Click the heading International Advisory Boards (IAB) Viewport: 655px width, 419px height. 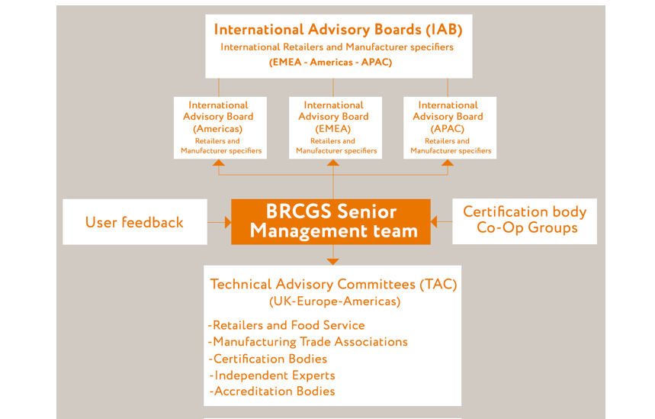[338, 30]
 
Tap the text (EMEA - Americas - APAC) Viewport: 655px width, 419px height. [330, 63]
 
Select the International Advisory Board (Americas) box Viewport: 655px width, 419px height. [220, 127]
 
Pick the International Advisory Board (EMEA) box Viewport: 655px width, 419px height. [336, 127]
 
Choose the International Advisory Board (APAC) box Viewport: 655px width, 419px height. [450, 127]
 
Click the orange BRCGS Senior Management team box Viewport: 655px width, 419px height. [331, 221]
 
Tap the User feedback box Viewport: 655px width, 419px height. [135, 221]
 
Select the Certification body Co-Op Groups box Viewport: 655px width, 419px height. [525, 221]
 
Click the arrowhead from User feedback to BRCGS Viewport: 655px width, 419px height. [228, 222]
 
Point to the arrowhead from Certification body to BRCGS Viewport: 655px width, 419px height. [434, 221]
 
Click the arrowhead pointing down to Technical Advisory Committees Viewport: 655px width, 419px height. [333, 262]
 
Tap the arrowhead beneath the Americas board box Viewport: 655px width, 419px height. [219, 163]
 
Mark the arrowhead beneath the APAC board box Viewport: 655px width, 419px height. [448, 163]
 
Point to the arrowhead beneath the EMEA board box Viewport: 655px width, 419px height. [333, 163]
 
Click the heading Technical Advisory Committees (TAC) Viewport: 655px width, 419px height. [333, 285]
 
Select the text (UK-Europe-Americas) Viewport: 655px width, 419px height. [335, 301]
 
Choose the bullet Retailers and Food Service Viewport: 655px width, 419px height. [287, 325]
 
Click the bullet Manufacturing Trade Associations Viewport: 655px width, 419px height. [308, 342]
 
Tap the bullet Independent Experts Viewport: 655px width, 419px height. [272, 375]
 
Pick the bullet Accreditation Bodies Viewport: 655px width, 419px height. [272, 392]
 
